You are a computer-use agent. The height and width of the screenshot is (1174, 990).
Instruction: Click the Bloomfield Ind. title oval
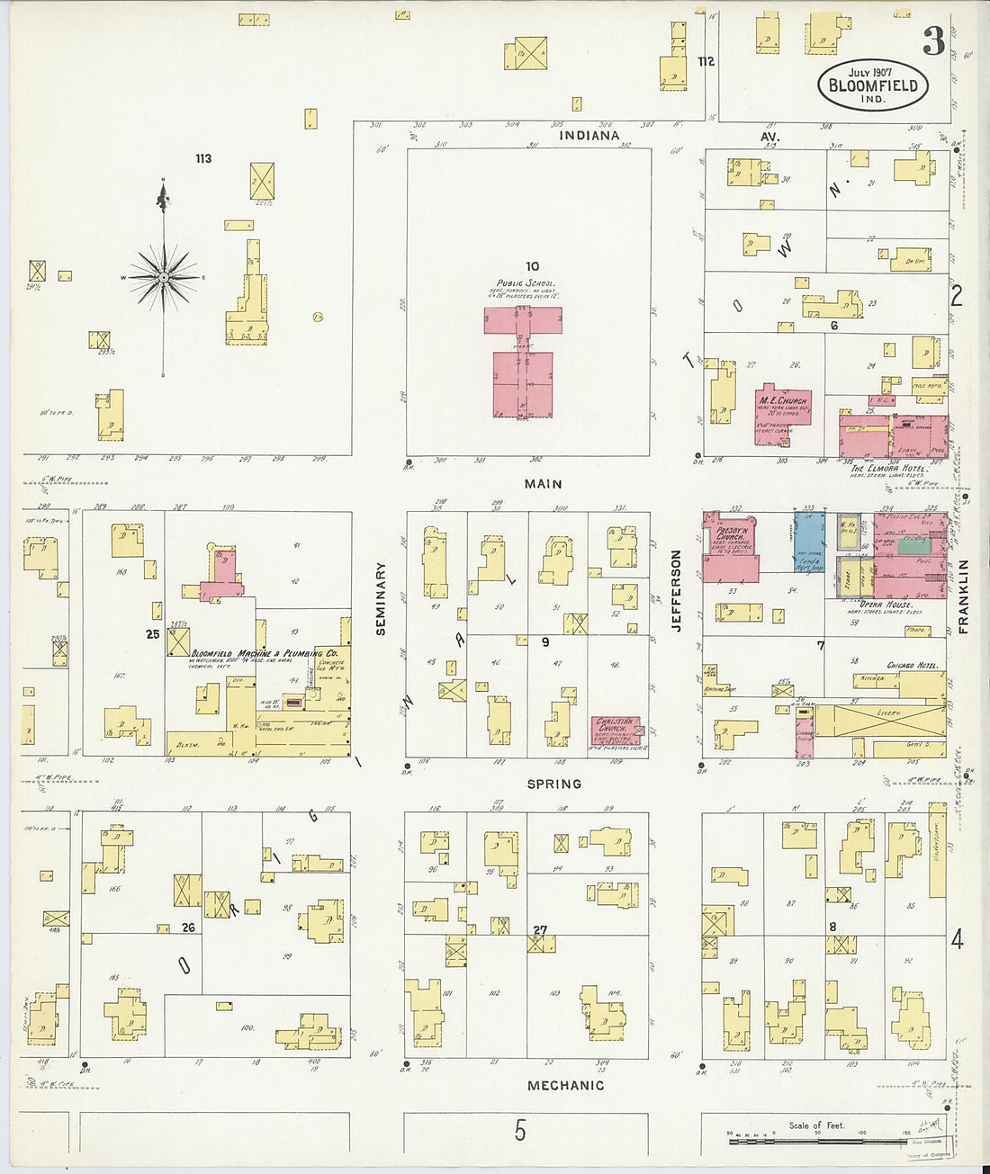872,85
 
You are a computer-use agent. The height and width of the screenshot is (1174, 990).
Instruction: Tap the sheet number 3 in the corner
933,41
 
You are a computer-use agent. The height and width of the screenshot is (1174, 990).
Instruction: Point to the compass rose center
163,278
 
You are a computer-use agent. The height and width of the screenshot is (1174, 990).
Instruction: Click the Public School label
526,283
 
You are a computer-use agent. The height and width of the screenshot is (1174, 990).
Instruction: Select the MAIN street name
543,484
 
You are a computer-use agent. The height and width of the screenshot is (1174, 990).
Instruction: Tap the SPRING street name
553,784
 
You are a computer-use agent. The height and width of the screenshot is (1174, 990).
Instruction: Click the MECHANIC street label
565,1086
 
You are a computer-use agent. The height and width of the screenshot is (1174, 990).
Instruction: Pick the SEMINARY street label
381,599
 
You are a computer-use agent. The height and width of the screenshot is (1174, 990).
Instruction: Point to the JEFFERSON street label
676,591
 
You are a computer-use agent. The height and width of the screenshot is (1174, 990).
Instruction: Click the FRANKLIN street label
962,596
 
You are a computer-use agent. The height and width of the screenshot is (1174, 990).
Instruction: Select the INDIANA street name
589,136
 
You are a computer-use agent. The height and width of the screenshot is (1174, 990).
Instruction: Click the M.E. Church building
782,417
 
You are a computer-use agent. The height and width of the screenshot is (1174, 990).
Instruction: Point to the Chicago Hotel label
912,666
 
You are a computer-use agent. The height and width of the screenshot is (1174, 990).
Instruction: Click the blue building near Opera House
809,543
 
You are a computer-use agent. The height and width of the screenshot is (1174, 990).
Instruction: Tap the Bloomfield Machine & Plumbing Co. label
264,653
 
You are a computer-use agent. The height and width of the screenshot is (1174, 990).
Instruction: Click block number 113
203,158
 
